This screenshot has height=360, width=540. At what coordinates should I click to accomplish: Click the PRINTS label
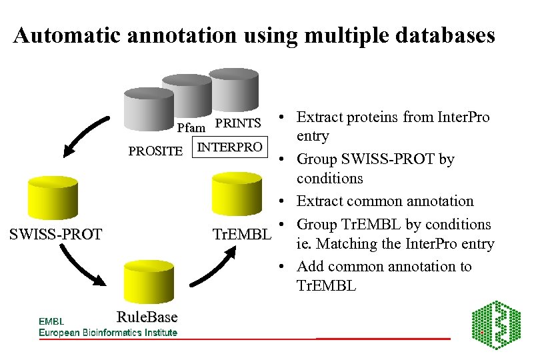pos(238,123)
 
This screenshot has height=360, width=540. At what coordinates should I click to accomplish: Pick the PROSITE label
pos(155,151)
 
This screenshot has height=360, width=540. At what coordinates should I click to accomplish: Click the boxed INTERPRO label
pos(229,147)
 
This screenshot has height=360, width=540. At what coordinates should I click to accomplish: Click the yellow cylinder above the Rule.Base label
pos(148,281)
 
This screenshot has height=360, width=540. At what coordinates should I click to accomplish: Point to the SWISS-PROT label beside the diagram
pos(55,234)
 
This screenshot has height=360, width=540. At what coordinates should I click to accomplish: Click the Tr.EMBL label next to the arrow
pos(241,235)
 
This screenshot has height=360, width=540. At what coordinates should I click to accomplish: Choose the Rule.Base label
pos(147,317)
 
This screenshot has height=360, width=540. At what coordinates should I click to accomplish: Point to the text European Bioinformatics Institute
pos(108,333)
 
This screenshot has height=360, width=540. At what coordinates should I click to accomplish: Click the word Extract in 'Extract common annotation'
pos(317,201)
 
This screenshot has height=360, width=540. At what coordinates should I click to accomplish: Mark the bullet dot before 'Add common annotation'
pos(283,267)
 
